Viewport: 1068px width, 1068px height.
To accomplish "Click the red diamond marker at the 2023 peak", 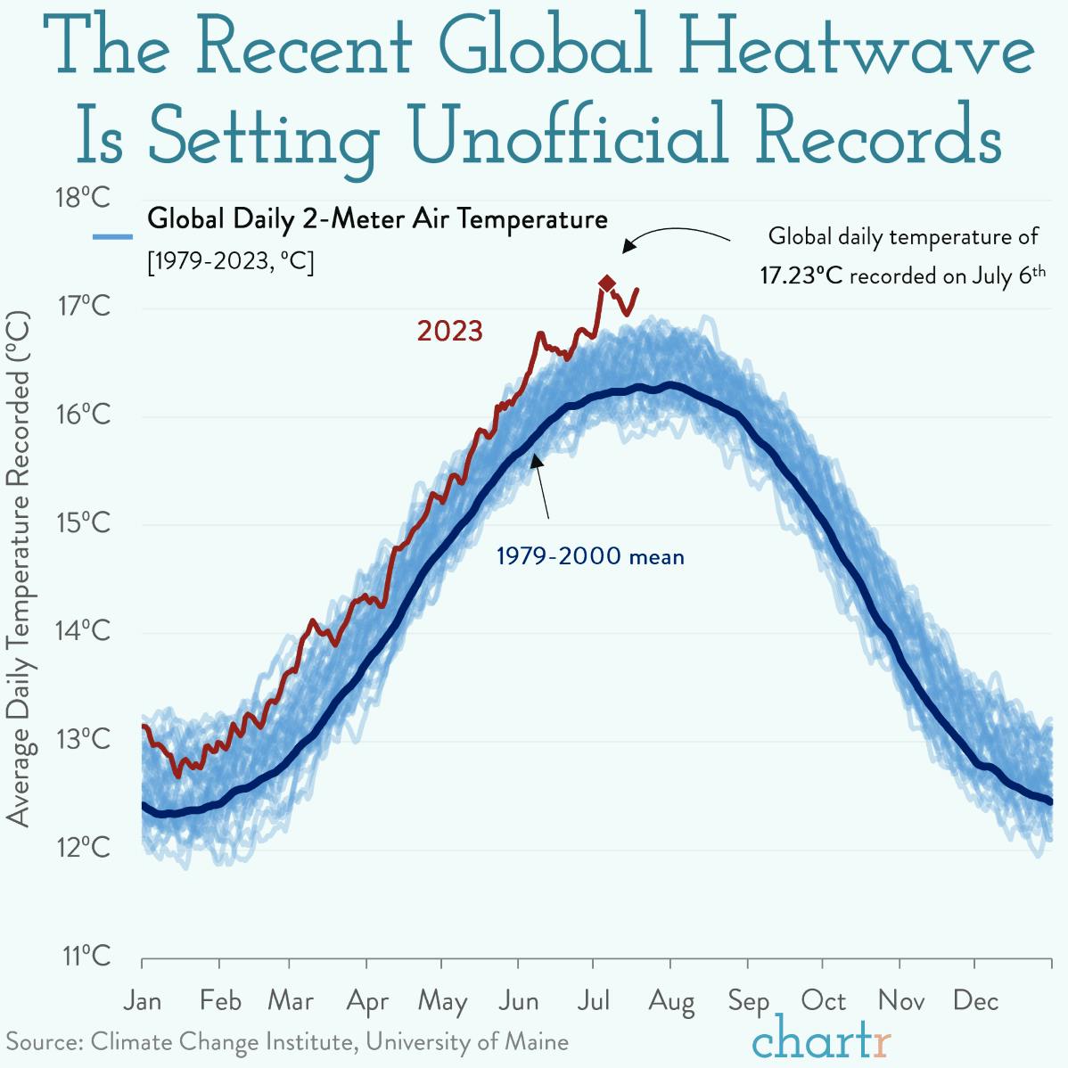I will coord(607,283).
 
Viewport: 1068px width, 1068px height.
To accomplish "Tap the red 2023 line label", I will coord(449,332).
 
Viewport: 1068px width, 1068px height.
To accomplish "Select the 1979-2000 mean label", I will coord(590,557).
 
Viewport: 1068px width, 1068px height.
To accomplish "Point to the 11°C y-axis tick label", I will coord(86,957).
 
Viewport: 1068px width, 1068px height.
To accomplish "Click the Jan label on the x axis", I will coord(143,1001).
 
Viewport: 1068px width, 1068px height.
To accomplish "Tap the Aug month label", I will coord(671,1001).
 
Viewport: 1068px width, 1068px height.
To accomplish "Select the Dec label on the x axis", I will coord(975,1001).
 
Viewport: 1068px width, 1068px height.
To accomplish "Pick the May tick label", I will coord(443,1001).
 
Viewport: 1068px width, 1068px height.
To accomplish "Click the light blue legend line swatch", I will coord(113,237).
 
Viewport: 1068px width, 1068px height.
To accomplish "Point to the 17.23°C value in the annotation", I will coord(801,275).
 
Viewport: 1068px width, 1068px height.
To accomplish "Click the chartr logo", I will coord(821,1038).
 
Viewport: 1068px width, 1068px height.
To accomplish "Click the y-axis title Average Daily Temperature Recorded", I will coord(19,571).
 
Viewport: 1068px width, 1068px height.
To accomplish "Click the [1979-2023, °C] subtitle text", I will coord(231,263).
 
